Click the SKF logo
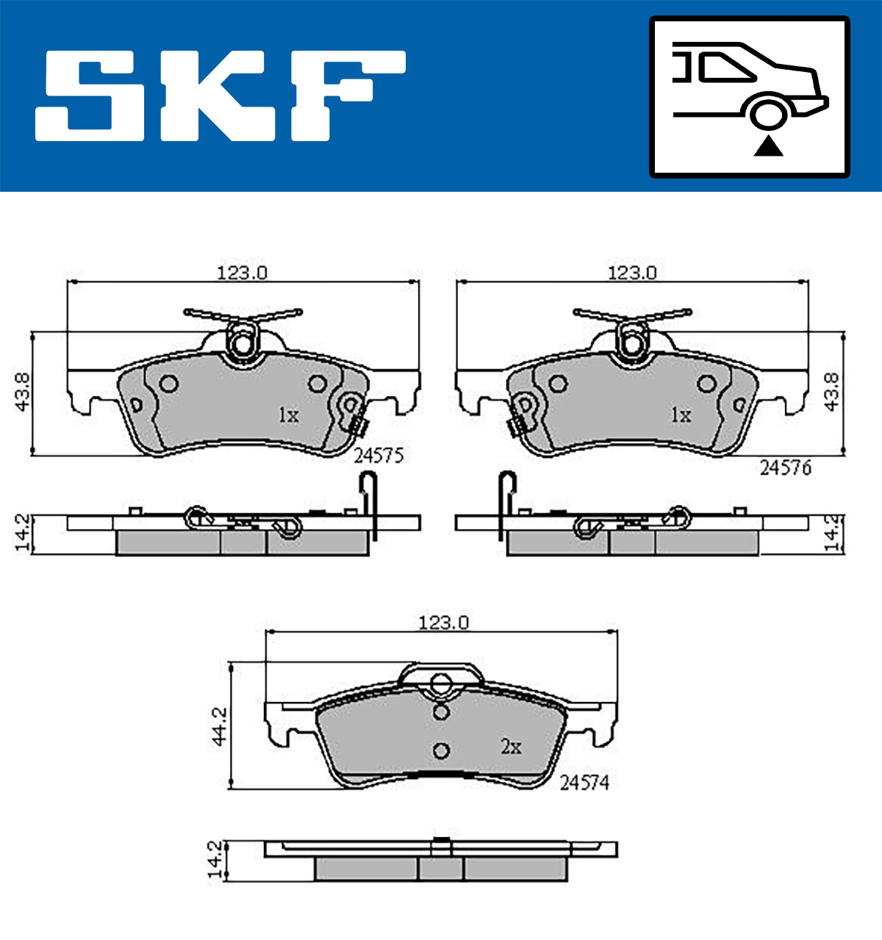click(220, 96)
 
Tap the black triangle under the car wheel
click(768, 146)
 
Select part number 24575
click(379, 456)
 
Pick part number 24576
click(786, 467)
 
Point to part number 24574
click(584, 783)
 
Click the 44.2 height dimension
click(219, 727)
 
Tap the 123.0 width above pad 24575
click(242, 273)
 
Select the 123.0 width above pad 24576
click(632, 273)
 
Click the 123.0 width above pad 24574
click(444, 623)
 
